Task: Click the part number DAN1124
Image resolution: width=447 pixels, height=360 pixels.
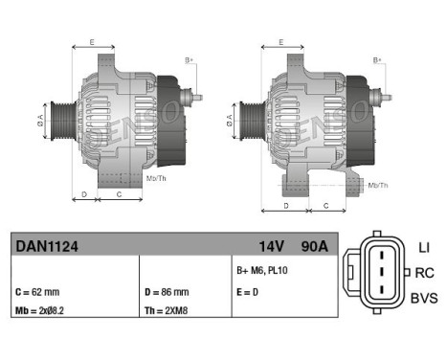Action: [x=47, y=245]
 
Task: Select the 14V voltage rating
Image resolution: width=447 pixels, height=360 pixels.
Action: [x=271, y=245]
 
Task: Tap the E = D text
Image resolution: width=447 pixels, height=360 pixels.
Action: [x=247, y=292]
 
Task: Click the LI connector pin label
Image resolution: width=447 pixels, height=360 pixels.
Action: [x=423, y=248]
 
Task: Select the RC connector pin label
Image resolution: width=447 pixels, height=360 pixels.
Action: [x=423, y=273]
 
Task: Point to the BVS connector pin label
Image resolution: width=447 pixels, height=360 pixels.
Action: [x=423, y=298]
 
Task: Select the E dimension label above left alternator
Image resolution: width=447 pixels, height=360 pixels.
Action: [x=92, y=42]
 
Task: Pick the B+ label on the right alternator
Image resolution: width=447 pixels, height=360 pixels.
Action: [x=379, y=60]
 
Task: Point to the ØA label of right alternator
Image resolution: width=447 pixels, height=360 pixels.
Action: [x=230, y=121]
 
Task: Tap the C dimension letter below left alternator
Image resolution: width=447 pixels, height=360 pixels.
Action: [x=118, y=194]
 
